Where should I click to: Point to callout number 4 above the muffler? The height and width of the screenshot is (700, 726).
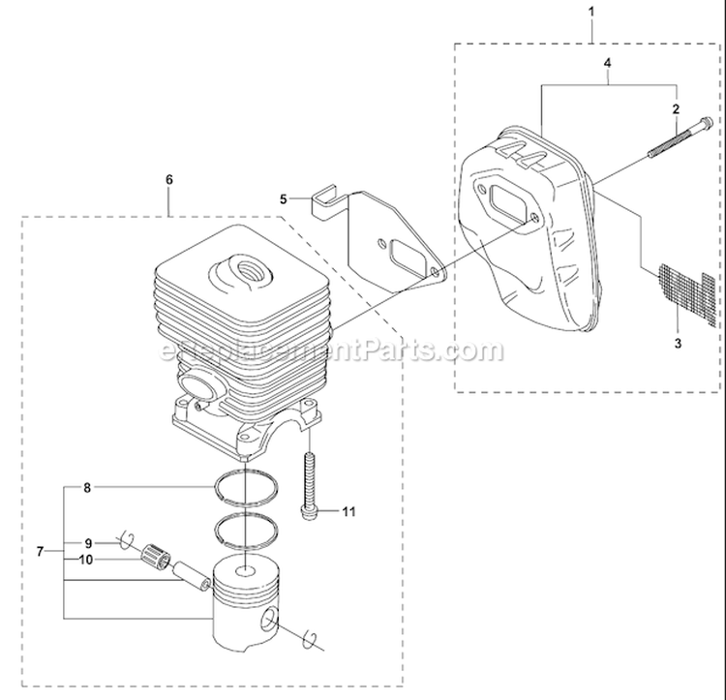tap(607, 63)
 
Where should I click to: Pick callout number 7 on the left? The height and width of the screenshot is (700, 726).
tap(41, 552)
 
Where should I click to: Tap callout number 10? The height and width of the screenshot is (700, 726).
tap(86, 560)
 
